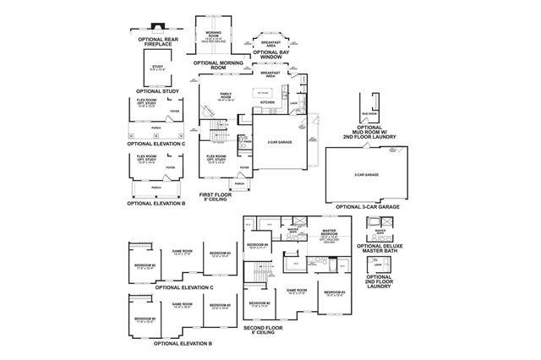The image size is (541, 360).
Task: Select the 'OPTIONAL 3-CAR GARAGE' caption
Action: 368,206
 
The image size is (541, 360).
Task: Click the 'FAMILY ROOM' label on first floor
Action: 227,95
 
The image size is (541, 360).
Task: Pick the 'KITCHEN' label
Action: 268,102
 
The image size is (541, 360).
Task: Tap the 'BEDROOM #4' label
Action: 258,245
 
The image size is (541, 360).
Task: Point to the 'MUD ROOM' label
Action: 369,112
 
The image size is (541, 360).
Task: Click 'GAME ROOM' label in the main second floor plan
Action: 296,292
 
